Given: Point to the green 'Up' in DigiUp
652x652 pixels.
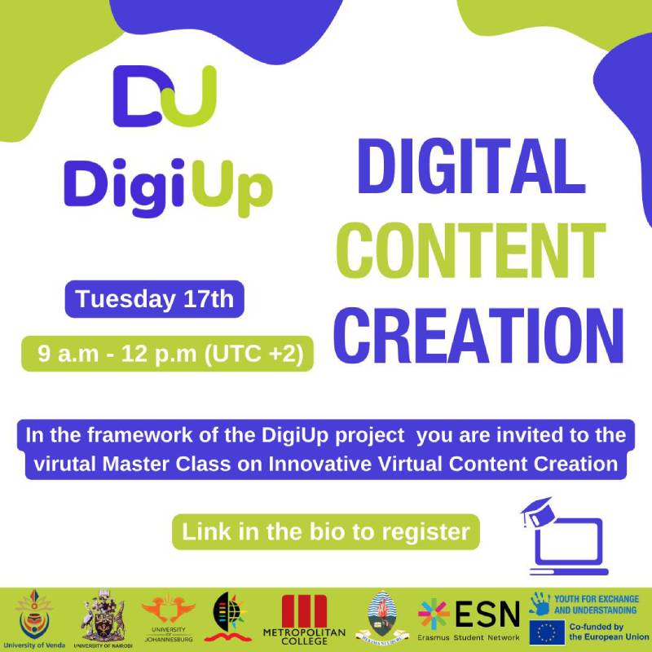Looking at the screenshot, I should (236, 185).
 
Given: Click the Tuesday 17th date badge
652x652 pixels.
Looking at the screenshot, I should (155, 300).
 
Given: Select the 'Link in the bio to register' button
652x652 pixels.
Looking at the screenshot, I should (326, 532).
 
